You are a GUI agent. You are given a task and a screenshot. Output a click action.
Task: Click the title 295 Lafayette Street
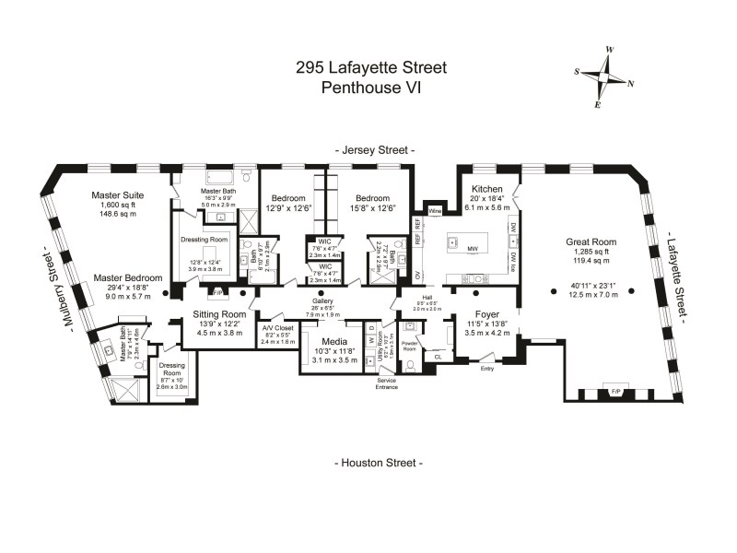pos(371,67)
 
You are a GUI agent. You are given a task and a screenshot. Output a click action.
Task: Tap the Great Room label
pos(591,243)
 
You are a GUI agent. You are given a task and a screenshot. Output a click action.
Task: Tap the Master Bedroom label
pos(128,277)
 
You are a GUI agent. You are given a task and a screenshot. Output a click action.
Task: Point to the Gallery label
pos(323,302)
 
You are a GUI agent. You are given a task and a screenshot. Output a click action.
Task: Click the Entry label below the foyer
pos(487,368)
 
